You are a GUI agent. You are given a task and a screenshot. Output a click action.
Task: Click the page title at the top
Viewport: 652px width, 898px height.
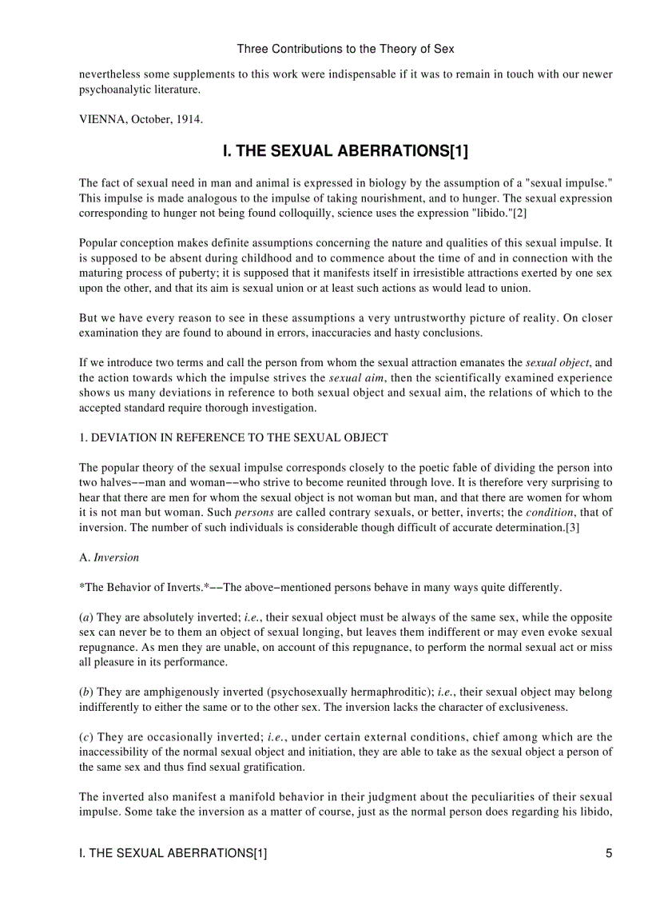[345, 49]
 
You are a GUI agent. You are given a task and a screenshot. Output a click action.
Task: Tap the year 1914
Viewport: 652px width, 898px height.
[189, 120]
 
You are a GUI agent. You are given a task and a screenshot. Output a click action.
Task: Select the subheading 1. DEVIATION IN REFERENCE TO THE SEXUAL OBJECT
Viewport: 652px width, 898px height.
[233, 437]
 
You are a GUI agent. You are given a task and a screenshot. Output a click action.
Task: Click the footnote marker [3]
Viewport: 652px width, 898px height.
[572, 528]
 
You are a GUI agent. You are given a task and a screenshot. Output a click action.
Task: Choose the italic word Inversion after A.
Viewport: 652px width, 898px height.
[116, 557]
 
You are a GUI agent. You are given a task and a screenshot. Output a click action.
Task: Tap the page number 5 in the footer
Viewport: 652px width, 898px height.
[609, 853]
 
